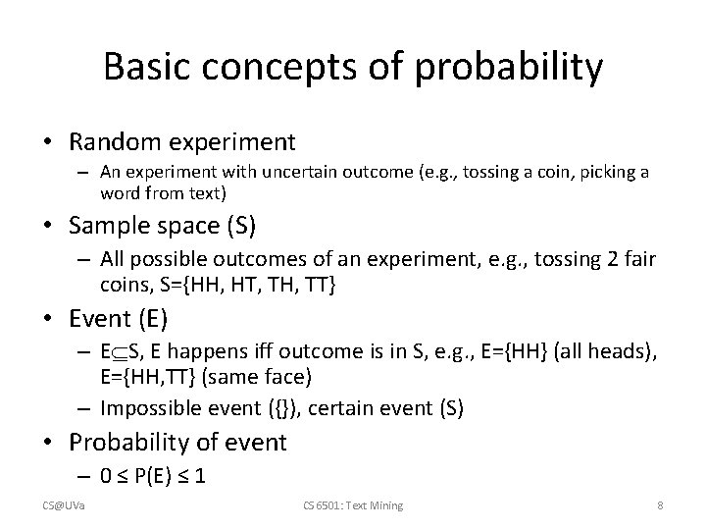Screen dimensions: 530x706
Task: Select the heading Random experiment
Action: click(x=181, y=142)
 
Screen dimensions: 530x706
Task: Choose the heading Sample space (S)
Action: click(x=163, y=226)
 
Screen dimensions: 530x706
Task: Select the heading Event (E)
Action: click(x=119, y=318)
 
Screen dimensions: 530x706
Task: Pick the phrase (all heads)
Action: click(x=605, y=352)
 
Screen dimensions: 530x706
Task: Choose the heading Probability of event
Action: click(x=177, y=443)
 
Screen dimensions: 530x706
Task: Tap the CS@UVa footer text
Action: click(x=63, y=505)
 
